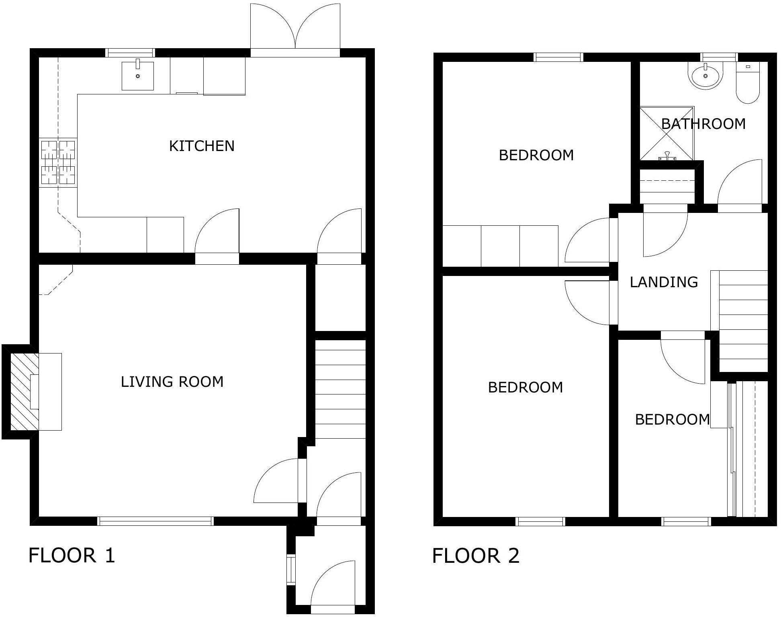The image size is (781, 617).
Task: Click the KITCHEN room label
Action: pos(202,146)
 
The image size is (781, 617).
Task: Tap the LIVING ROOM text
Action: pos(172,382)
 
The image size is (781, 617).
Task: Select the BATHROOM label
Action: pos(703,124)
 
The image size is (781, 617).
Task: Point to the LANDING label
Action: pos(664,282)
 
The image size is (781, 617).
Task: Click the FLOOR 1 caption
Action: pos(72,555)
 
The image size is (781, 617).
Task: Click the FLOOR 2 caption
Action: pos(476,556)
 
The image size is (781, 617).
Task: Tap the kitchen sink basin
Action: pos(138,75)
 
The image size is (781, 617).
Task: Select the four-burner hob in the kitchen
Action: pos(58,162)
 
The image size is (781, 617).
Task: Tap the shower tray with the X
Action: pos(667,133)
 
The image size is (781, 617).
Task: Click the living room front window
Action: pos(155,521)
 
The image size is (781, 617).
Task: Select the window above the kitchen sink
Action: pos(130,53)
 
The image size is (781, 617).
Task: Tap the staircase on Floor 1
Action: pos(340,389)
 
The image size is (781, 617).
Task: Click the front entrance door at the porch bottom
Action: pos(333,586)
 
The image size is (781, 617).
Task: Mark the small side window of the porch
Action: pos(291,569)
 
